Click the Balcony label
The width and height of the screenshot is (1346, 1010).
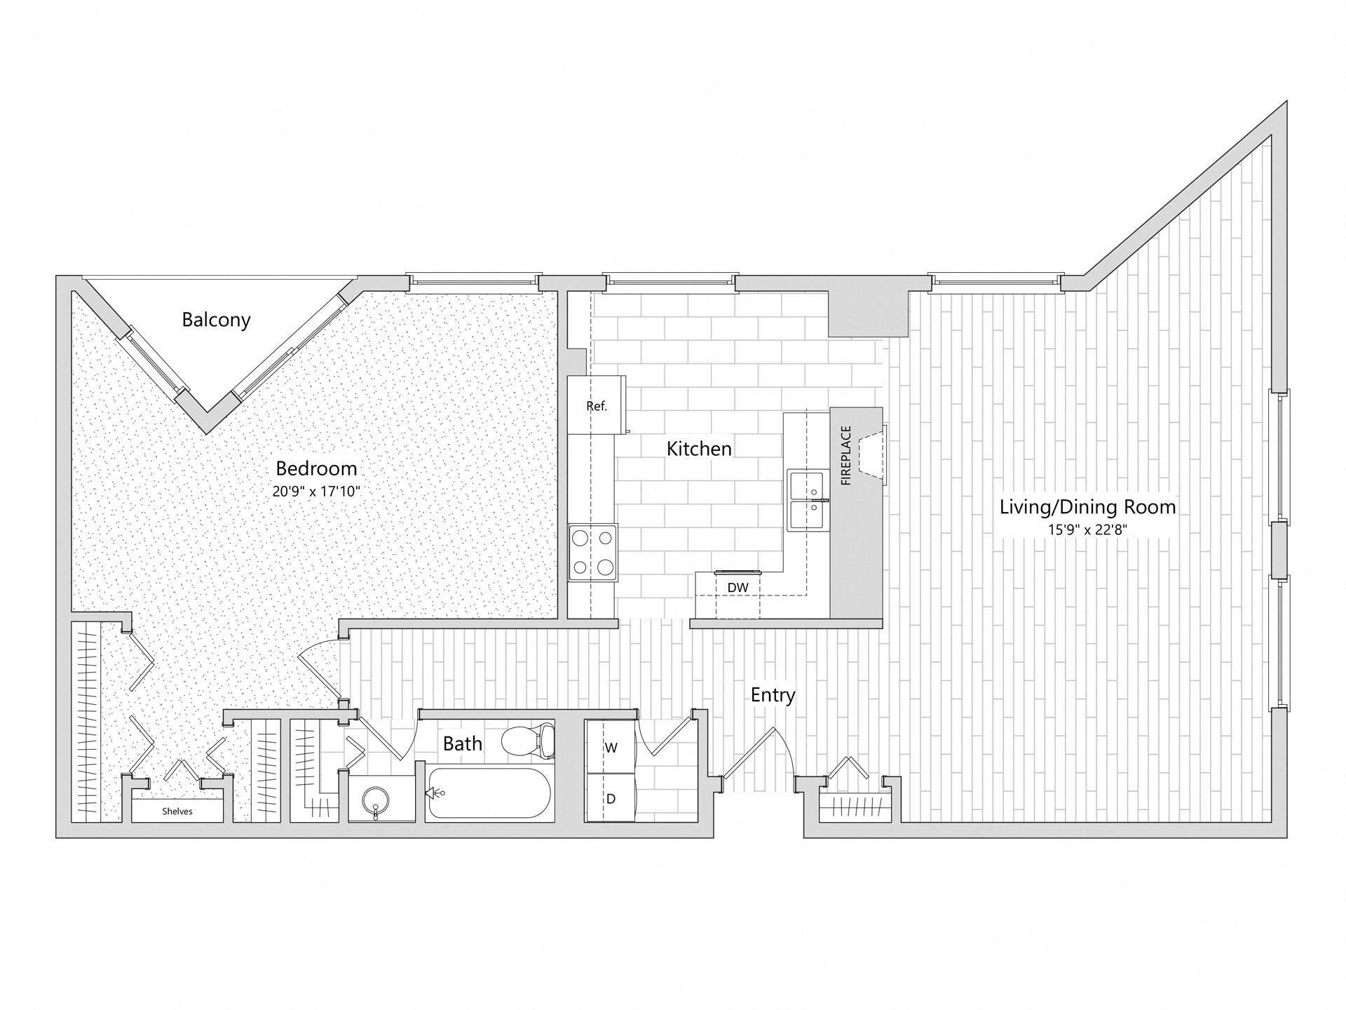[x=216, y=320]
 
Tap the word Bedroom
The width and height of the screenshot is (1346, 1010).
[x=316, y=468]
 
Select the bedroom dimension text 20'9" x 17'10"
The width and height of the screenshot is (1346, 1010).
[x=316, y=492]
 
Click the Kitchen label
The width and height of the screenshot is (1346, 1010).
[x=699, y=449]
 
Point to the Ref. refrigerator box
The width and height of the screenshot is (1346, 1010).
[x=597, y=405]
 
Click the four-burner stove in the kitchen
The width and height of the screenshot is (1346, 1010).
[x=593, y=552]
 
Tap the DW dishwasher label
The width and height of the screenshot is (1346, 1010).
[x=737, y=586]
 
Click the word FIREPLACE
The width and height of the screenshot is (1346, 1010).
[x=846, y=456]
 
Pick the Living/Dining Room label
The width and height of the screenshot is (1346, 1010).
[x=1087, y=506]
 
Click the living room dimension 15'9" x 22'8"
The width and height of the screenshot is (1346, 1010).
[x=1087, y=530]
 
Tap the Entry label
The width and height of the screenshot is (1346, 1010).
[x=773, y=695]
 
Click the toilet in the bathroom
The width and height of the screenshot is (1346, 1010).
[x=529, y=740]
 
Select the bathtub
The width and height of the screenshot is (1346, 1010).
[x=489, y=793]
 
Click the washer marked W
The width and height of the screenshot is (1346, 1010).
[x=611, y=748]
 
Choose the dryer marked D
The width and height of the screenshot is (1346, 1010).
[x=611, y=798]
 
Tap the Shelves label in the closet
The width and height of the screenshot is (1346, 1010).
[x=177, y=812]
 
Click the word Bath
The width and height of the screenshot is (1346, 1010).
[x=463, y=743]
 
